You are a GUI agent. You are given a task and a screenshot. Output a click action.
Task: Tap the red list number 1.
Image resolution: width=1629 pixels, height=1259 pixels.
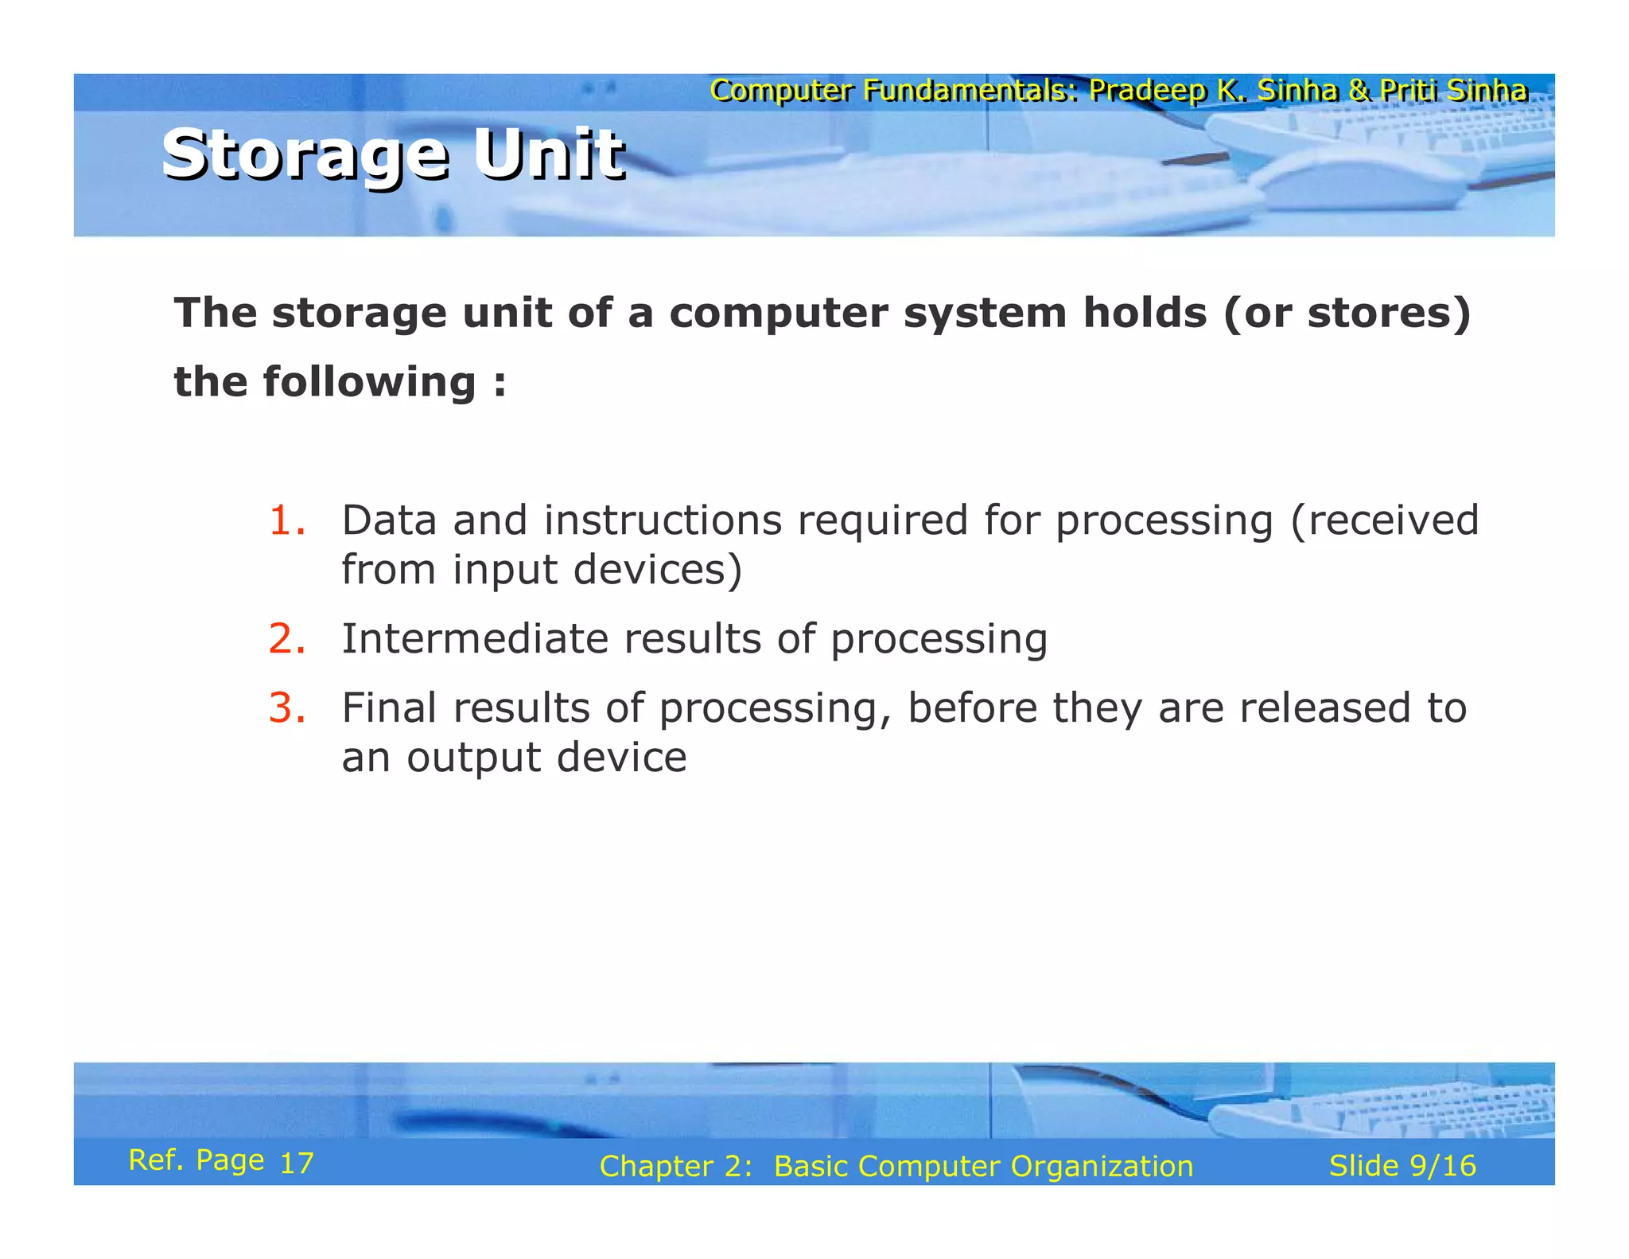click(286, 521)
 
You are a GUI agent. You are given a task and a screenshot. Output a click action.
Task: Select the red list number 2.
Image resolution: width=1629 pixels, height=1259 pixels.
click(286, 639)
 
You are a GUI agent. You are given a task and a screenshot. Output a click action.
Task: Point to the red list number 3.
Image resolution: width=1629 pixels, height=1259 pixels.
click(286, 708)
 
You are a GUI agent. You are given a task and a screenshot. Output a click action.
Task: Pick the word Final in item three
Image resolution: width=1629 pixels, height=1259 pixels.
click(389, 707)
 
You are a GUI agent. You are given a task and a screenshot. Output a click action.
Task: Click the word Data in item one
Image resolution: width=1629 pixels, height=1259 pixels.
click(389, 520)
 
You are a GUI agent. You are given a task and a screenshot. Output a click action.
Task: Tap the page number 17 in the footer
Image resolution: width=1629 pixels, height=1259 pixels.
click(297, 1164)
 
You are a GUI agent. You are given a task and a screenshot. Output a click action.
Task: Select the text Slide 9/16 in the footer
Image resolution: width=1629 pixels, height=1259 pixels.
click(1402, 1166)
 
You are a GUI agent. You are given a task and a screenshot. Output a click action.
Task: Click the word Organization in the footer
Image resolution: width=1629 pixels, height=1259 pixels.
click(1102, 1167)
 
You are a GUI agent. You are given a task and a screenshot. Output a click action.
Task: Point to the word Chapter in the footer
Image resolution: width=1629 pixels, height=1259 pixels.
click(656, 1167)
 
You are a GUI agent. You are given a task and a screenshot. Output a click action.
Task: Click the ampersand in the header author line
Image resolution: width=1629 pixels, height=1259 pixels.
click(1359, 91)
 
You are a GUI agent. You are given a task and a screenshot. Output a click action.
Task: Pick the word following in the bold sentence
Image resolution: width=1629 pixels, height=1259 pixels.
click(369, 382)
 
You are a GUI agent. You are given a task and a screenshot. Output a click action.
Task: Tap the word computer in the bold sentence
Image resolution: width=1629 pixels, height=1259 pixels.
click(778, 313)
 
